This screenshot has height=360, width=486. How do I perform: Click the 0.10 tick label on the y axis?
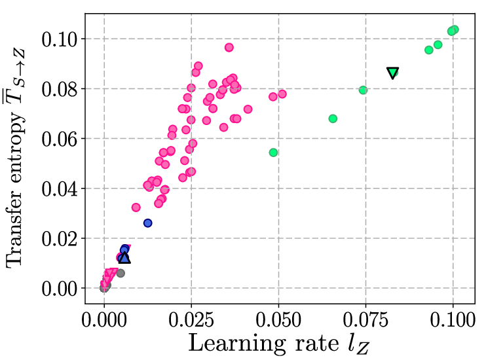click(59, 39)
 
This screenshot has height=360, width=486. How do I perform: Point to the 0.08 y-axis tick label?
click(59, 89)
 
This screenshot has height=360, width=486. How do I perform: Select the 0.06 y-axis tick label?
click(59, 139)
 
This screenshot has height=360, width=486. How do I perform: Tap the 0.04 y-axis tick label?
click(59, 189)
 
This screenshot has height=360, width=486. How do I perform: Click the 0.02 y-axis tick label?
click(59, 239)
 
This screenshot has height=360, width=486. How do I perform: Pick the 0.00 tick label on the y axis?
click(59, 289)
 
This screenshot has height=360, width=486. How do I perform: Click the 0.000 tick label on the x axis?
click(104, 319)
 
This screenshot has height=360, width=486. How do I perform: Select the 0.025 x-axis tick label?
click(191, 319)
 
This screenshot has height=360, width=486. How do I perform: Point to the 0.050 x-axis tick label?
click(278, 319)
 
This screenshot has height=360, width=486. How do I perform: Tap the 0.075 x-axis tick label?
click(365, 319)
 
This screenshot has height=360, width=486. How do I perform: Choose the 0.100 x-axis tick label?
click(453, 319)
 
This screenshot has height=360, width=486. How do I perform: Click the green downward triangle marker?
click(393, 73)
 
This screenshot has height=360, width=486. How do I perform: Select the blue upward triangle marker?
click(124, 258)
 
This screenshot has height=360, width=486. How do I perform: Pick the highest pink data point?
click(229, 47)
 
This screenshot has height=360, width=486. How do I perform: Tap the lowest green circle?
click(273, 153)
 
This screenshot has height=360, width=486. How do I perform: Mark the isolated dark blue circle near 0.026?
click(147, 223)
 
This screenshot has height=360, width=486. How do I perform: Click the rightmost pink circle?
click(282, 94)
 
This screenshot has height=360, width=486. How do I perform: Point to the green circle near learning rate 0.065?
click(333, 118)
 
